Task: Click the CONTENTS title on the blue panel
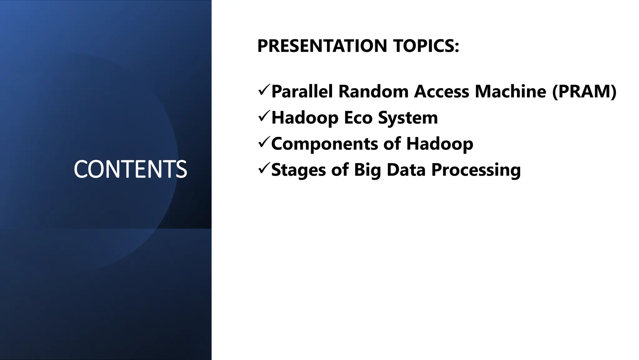pyautogui.click(x=130, y=169)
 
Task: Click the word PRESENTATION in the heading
pyautogui.click(x=322, y=46)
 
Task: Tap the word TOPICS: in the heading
pyautogui.click(x=426, y=46)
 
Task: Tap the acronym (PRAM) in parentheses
pyautogui.click(x=584, y=92)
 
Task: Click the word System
pyautogui.click(x=408, y=118)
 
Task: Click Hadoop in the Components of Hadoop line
pyautogui.click(x=440, y=144)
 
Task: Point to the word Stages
pyautogui.click(x=299, y=170)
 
